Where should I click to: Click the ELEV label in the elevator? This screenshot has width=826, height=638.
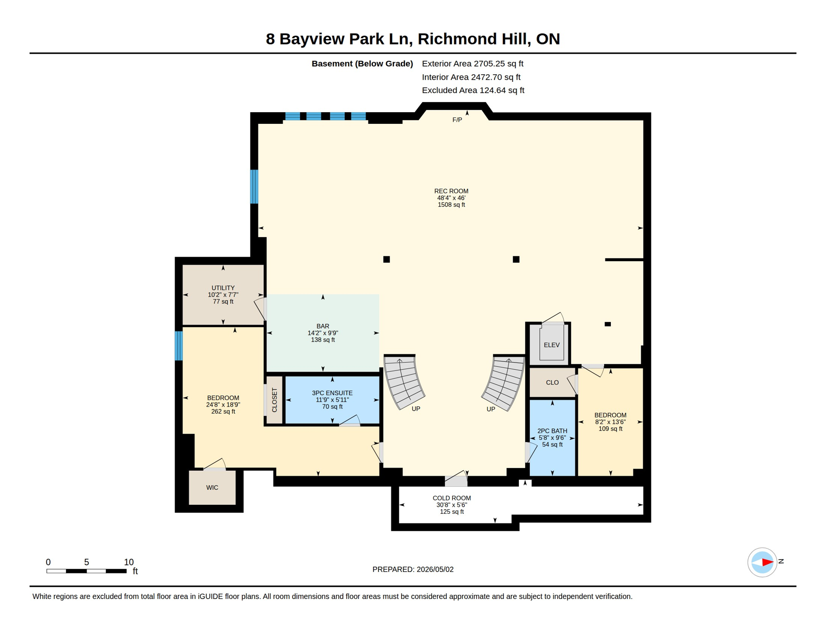tap(551, 345)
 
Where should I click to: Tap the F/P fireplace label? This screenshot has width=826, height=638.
tap(457, 120)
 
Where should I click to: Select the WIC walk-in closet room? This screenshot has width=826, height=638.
tap(212, 487)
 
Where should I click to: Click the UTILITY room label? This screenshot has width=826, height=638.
tap(223, 288)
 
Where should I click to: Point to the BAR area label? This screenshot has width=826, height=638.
tap(323, 326)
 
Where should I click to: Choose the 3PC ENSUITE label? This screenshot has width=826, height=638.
tap(332, 393)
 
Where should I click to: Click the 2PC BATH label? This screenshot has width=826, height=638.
tap(552, 431)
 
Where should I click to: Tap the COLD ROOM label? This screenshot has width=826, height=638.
tap(452, 498)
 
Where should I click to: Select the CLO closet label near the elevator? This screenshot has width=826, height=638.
tap(552, 383)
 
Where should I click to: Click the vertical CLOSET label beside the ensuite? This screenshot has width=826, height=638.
tap(274, 400)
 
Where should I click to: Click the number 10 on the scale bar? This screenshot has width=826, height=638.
tap(129, 562)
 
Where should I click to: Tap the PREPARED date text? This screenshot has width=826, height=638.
tap(413, 569)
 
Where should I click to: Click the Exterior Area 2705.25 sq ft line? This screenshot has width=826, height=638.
tap(472, 64)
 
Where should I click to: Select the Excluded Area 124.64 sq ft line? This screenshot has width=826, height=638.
tap(473, 90)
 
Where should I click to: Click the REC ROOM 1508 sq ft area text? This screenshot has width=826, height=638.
tap(451, 205)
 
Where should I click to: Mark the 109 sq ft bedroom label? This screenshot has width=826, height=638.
tap(610, 429)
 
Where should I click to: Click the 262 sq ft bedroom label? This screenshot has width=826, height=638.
tap(223, 412)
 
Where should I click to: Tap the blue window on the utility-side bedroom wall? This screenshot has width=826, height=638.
tap(179, 346)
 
